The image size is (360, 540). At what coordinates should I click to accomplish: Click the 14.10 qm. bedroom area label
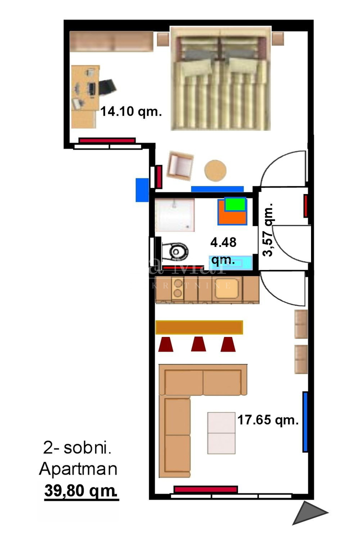click(x=131, y=112)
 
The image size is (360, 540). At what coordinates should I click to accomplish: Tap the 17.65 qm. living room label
click(x=268, y=420)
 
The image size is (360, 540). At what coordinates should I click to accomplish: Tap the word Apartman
click(x=78, y=469)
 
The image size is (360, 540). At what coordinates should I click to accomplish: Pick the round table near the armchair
click(x=216, y=170)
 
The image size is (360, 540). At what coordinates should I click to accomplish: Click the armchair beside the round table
click(x=180, y=165)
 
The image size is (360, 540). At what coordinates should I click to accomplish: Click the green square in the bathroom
click(x=235, y=204)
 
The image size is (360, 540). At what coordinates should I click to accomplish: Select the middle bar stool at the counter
click(x=198, y=344)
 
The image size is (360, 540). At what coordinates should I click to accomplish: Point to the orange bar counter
click(x=199, y=327)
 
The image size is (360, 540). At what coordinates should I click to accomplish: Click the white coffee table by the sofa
click(x=221, y=432)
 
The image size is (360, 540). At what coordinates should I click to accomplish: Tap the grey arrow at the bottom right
click(x=308, y=513)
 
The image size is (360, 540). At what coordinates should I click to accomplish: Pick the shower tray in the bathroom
click(x=174, y=215)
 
